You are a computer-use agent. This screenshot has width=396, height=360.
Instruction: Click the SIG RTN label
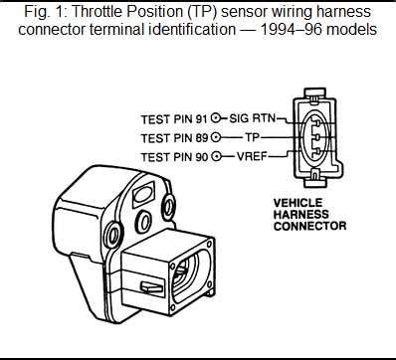[253, 118]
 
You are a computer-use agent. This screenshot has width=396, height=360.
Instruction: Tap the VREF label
[252, 156]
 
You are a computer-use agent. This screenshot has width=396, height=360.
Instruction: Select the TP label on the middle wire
[252, 137]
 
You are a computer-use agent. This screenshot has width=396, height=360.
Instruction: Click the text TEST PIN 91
[174, 119]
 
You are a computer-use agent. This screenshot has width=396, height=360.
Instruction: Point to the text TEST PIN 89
[174, 138]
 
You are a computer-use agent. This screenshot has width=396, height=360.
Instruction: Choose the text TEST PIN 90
[174, 157]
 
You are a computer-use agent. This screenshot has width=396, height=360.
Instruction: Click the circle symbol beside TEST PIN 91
[216, 118]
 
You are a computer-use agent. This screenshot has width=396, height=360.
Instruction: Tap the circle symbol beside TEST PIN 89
[216, 137]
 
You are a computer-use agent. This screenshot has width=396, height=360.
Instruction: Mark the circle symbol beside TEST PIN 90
[216, 156]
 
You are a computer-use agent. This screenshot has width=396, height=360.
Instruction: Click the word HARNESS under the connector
[300, 215]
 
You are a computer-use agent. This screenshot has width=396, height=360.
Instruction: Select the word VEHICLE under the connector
[297, 203]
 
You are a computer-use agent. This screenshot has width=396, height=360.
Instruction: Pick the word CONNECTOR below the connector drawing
[309, 226]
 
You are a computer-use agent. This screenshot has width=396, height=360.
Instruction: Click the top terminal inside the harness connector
[317, 123]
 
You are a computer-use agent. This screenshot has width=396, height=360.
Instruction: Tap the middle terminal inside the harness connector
[317, 137]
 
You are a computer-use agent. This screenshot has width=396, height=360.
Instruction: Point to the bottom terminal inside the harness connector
[317, 151]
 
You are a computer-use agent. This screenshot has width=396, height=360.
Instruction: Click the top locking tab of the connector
[314, 93]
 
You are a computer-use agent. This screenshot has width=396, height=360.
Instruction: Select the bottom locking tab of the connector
[314, 180]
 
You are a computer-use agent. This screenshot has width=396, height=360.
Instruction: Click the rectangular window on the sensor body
[143, 193]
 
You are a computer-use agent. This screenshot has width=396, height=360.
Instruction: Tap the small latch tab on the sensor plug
[152, 287]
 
